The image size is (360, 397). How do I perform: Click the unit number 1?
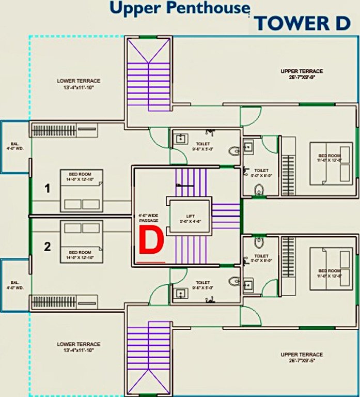48,189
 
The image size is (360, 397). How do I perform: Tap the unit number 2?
48,247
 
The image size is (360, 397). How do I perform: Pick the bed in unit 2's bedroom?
81,241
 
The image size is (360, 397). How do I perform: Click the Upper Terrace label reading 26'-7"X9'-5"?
302,357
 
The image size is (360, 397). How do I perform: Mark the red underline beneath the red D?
151,262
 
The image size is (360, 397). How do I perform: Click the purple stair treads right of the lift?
226,216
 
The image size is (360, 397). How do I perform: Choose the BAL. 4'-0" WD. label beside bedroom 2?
14,285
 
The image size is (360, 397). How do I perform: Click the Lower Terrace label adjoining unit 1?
79,84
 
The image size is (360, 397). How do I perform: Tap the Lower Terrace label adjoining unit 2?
79,347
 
